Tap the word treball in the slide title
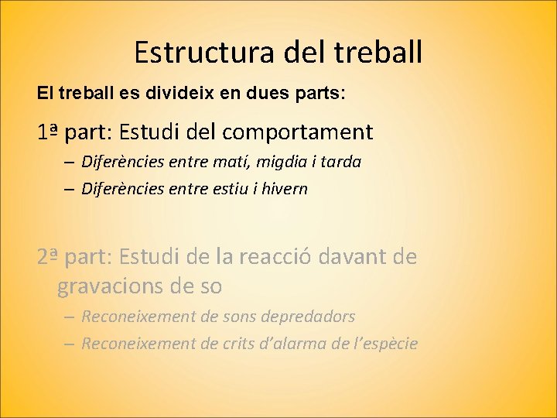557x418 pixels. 379,52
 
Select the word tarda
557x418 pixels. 341,163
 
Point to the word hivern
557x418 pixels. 285,189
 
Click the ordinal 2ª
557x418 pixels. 48,256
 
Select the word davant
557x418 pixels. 361,256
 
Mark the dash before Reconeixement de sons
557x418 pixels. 70,317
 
